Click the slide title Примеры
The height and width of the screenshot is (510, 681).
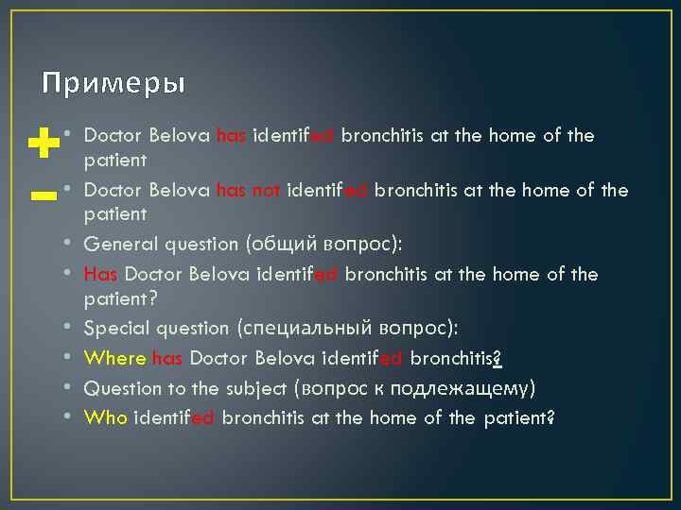[113, 84]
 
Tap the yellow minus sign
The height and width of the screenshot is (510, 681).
[43, 196]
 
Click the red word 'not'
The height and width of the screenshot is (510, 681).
[267, 191]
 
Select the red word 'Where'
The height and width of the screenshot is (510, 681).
[115, 358]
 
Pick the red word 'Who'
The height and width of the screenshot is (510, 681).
[106, 416]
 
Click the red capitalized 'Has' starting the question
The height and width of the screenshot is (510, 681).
[101, 274]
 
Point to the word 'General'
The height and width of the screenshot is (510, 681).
[116, 244]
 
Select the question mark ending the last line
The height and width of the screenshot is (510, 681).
[550, 416]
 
